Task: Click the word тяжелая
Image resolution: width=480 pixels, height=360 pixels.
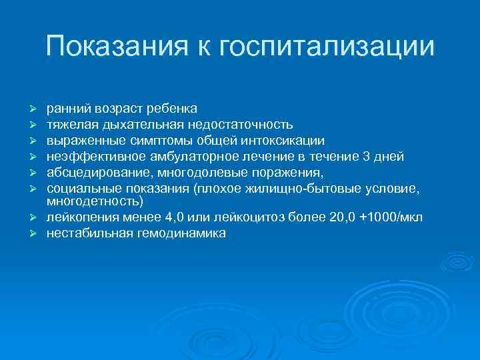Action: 69,124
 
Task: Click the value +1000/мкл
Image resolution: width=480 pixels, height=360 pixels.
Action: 390,217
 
